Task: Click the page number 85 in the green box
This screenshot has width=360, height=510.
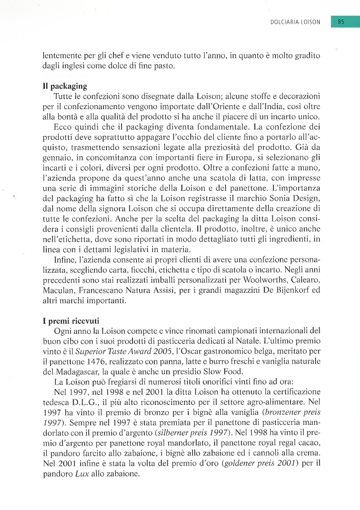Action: [341, 22]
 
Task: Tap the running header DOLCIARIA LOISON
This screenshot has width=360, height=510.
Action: [295, 22]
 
